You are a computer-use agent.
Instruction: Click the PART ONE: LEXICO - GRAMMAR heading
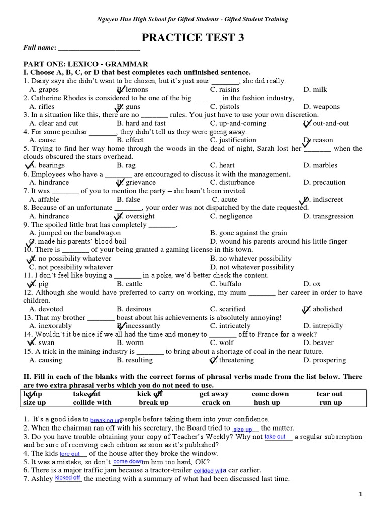85,64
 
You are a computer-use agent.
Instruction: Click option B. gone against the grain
249,233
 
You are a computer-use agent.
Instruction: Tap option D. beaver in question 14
318,343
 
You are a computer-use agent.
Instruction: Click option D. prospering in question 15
325,360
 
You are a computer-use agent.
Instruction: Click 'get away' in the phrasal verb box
214,394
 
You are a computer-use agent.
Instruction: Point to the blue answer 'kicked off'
68,478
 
